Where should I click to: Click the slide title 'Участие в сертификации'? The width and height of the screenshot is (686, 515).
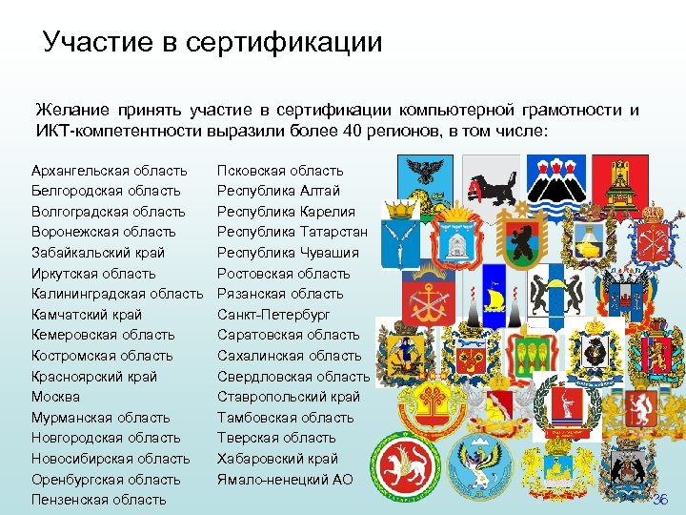pos(212,42)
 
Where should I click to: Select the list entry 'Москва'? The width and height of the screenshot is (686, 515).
pos(55,397)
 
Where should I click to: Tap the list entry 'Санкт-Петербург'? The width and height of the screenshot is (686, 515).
pos(273,314)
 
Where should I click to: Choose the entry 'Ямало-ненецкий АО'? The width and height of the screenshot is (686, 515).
pos(285,480)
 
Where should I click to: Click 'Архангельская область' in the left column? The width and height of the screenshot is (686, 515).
pos(109,171)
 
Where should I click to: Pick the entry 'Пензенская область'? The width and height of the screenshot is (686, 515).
pos(98,500)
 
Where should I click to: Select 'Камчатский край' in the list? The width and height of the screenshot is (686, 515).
pos(87,314)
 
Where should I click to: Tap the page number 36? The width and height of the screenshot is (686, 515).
pos(661,500)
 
